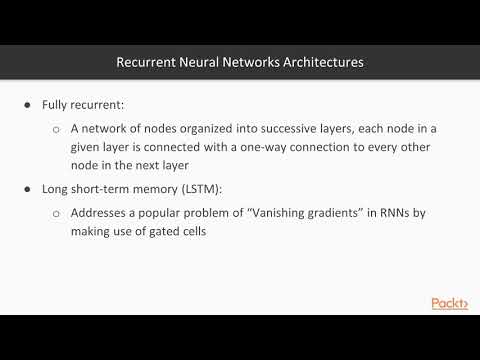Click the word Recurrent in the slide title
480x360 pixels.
pyautogui.click(x=147, y=62)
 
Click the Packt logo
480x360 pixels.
pyautogui.click(x=450, y=303)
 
